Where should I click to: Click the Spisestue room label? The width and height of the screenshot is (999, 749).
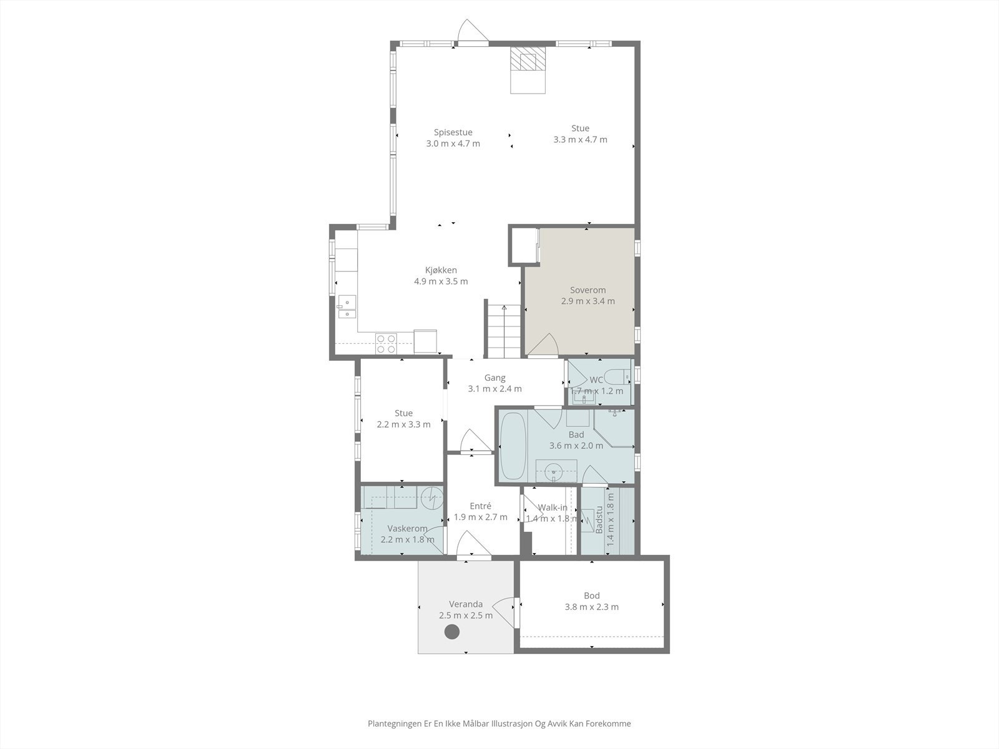tap(453, 132)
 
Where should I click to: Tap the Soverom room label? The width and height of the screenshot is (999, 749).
tap(588, 290)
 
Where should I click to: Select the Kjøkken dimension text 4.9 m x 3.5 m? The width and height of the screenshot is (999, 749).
tap(441, 281)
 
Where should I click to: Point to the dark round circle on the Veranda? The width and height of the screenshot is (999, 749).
tap(451, 632)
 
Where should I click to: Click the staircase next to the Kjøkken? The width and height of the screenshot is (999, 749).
tap(503, 331)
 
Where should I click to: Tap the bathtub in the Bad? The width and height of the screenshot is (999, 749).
tap(513, 446)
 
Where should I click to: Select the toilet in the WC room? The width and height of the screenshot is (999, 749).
tap(619, 376)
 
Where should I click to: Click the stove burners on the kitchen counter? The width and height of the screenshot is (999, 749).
tap(386, 343)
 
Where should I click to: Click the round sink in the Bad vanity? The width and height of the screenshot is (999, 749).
tap(554, 472)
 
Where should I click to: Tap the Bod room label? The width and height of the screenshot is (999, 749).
tap(591, 595)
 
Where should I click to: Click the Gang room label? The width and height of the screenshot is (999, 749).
tap(495, 378)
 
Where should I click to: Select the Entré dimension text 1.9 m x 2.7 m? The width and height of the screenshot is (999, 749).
tap(480, 517)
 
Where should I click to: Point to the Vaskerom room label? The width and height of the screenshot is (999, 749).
tap(407, 529)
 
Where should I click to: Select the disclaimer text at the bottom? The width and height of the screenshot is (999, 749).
tap(499, 723)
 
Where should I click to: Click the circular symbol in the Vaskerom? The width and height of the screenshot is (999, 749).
tap(431, 497)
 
